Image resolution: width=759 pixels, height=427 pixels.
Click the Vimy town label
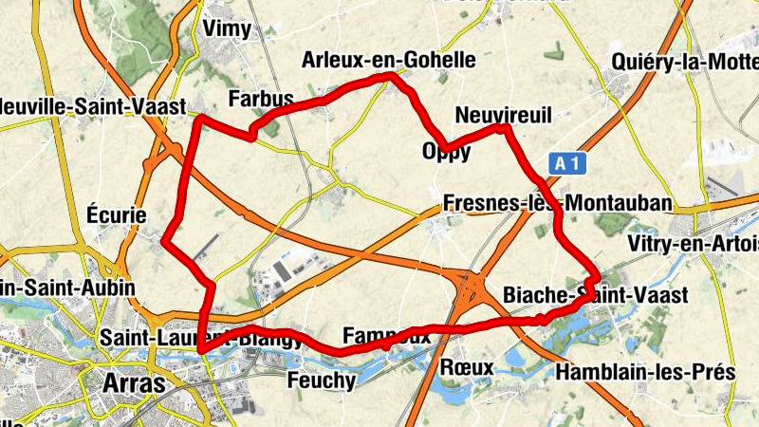pos(227,29)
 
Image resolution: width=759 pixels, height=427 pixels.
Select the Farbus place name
pos(262,100)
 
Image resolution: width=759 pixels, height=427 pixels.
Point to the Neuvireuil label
pos(503,114)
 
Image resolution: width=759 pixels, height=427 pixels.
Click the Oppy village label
pos(445,152)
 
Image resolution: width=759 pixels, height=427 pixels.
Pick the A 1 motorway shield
pos(567,164)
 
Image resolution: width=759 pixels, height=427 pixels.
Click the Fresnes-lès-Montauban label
pos(558,203)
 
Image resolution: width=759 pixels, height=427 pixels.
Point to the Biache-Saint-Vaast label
pos(595,296)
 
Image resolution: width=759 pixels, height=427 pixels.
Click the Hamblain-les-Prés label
pos(646,372)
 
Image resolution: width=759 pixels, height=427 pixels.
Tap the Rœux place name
pos(468,367)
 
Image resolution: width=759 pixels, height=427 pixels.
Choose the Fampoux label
pos(386,336)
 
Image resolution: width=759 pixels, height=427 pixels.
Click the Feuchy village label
pos(321,381)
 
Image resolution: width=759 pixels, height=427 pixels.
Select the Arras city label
pos(132,384)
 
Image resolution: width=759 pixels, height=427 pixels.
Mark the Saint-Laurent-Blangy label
pos(201,337)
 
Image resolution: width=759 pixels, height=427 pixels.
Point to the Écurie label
pos(116,215)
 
